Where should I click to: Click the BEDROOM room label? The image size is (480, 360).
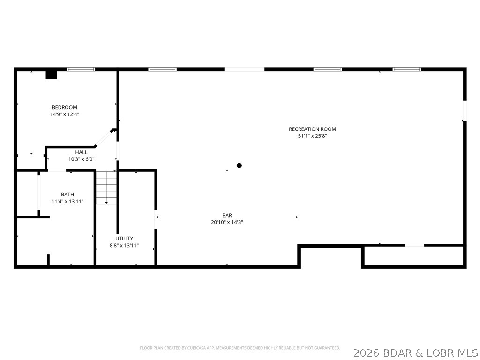(64, 107)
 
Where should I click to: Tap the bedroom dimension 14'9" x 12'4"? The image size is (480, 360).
(64, 114)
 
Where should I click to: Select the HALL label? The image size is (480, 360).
(81, 152)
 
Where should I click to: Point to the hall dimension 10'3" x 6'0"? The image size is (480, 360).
(81, 159)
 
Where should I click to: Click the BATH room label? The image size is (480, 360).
(67, 195)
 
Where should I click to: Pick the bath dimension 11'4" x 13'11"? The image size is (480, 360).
(67, 201)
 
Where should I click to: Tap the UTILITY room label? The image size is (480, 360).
(124, 238)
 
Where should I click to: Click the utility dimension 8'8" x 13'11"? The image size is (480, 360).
(124, 245)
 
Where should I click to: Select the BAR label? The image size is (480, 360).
(227, 216)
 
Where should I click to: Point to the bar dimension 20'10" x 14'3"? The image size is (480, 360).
(227, 222)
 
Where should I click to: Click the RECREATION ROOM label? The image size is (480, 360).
(312, 129)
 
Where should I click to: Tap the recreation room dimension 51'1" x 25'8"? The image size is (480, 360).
(312, 136)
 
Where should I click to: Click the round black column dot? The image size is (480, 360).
(239, 165)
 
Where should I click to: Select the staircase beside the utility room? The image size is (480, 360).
(106, 187)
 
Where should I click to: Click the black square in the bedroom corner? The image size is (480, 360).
(51, 75)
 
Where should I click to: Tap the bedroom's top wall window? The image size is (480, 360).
(81, 69)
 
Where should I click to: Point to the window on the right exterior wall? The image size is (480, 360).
(465, 111)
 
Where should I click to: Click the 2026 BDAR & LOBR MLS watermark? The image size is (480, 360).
(415, 352)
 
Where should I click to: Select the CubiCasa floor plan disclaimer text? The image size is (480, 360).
(240, 348)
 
